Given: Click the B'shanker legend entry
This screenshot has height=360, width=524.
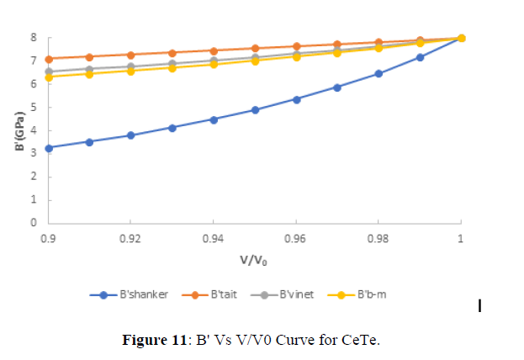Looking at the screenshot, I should (x=135, y=294).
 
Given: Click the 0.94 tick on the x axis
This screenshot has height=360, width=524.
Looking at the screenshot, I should (x=213, y=238).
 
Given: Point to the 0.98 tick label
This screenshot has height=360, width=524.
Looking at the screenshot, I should (x=378, y=238).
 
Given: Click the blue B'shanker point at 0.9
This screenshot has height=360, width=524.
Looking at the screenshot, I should (x=49, y=148).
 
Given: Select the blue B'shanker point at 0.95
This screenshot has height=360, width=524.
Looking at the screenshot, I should (x=255, y=109).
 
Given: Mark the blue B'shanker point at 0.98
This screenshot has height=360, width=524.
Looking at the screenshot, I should (x=378, y=73).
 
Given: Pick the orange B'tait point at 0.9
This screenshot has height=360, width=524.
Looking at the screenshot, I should (x=49, y=59).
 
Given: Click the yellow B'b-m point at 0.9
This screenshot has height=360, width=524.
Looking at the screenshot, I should (x=49, y=77).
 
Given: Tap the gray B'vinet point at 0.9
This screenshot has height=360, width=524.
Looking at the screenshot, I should (x=49, y=71).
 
